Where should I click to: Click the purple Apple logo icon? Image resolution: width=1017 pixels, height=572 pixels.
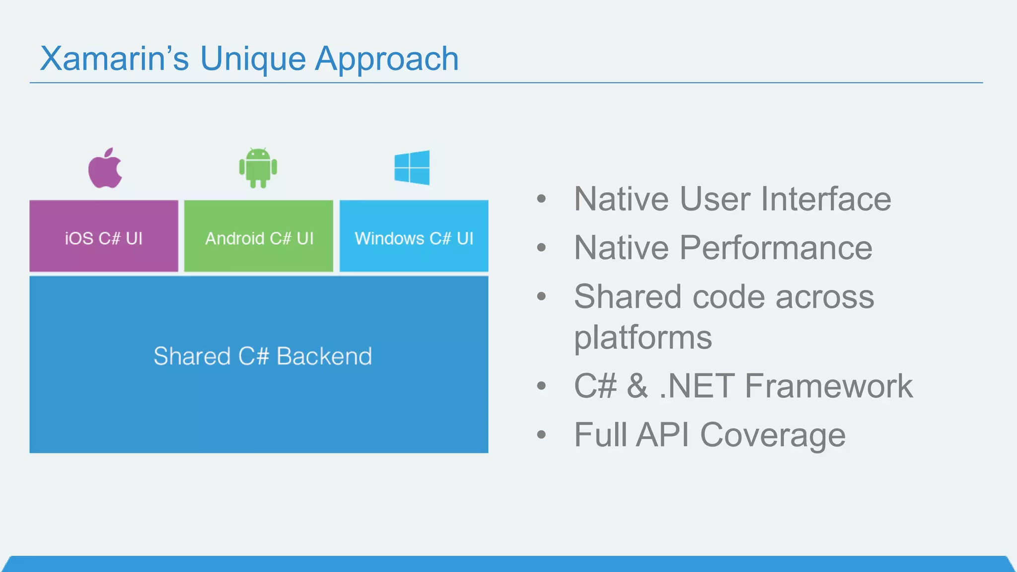point(105,169)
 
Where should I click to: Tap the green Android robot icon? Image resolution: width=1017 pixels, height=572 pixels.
point(258,168)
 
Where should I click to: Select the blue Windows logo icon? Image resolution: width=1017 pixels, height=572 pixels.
point(412,168)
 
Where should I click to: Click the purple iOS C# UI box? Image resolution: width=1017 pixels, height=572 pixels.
point(104,236)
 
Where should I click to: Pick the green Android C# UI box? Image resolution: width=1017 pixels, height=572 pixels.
point(259,236)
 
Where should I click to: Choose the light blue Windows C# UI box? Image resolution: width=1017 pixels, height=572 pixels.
point(414,236)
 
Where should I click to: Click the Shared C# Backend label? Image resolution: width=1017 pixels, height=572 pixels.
point(263,357)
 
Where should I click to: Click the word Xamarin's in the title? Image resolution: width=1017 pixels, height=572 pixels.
point(114,59)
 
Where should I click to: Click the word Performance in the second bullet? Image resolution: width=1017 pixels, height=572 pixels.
point(775,248)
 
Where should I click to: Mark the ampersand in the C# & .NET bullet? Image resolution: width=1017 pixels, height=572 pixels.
point(637,386)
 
